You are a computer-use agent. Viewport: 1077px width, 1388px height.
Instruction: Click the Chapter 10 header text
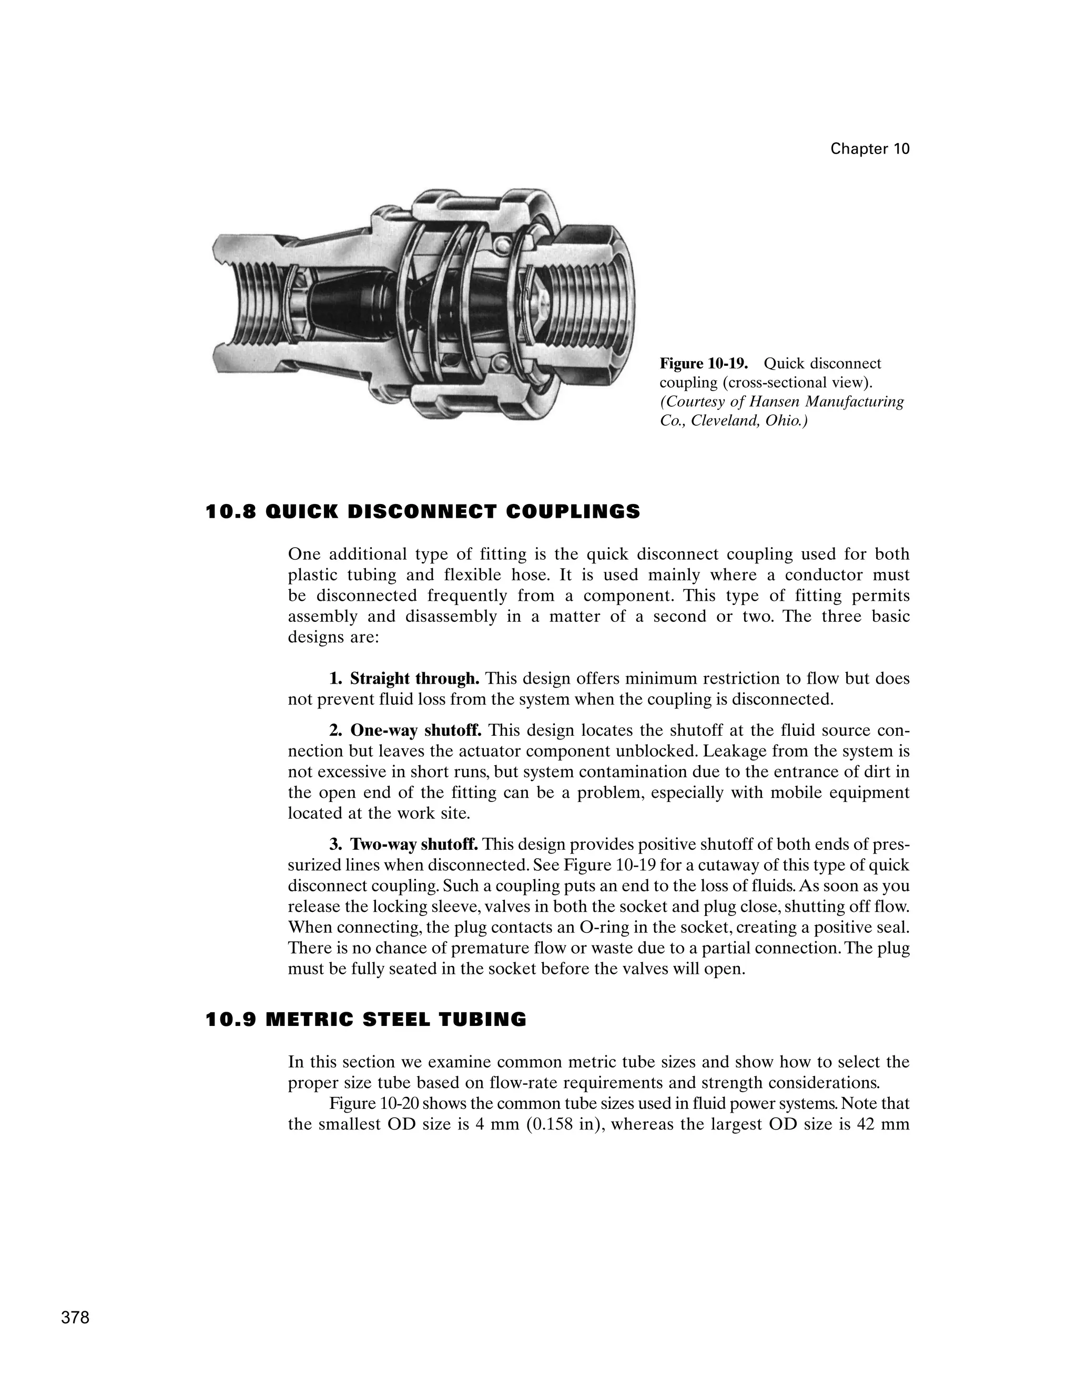(869, 149)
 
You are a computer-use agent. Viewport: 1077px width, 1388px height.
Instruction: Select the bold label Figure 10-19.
(703, 364)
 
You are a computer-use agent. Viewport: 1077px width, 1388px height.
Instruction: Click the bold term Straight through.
(414, 678)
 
